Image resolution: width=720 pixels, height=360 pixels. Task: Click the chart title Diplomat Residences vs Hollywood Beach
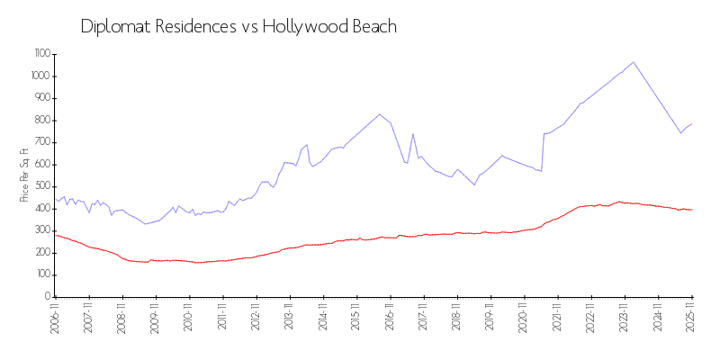[x=238, y=26]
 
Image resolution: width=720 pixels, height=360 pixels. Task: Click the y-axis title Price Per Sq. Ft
[x=23, y=174]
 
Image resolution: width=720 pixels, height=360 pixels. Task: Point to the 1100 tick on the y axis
[x=41, y=54]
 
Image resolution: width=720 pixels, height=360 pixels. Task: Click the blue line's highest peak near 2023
[x=634, y=62]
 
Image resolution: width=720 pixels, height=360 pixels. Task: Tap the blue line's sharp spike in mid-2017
[x=413, y=134]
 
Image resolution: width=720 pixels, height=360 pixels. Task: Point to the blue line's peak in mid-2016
[x=380, y=114]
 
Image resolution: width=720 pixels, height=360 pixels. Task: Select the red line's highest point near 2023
[x=618, y=202]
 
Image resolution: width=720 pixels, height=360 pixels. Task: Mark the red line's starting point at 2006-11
[x=56, y=235]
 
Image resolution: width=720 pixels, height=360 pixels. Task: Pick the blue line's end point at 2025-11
[x=692, y=123]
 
